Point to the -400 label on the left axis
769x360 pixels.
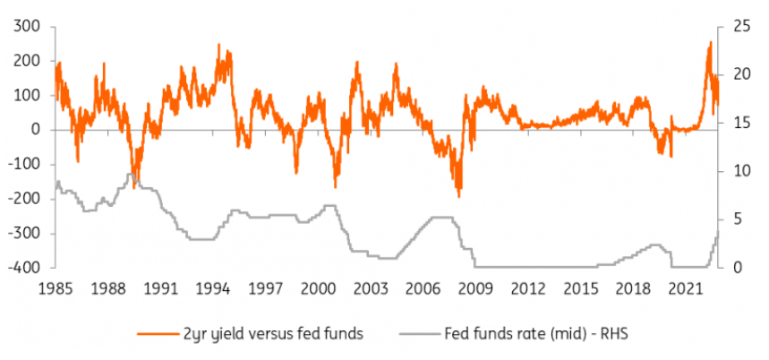22,268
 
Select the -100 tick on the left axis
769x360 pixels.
22,164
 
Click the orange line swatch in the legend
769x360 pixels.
153,334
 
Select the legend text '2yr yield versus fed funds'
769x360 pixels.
266,334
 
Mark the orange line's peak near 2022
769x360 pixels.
711,42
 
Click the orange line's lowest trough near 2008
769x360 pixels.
459,196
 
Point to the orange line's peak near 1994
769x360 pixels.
218,45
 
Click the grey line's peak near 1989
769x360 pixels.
131,173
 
